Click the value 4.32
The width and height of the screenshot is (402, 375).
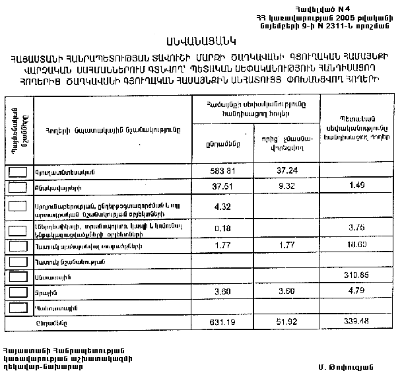(x=222, y=208)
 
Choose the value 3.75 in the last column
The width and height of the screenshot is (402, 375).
(x=356, y=228)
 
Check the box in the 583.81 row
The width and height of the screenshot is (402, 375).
(x=18, y=170)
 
